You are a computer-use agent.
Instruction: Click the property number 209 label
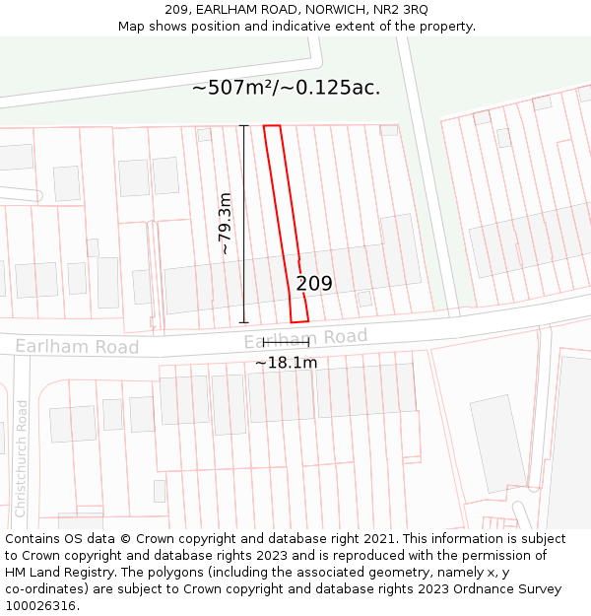pos(314,284)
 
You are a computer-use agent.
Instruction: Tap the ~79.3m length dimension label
pos(225,224)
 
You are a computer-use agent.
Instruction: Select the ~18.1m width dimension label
pos(286,363)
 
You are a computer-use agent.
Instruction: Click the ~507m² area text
pos(236,88)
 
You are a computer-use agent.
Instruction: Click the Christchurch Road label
pos(22,458)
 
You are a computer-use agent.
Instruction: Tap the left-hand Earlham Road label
pos(77,347)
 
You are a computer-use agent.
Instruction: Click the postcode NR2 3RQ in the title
pos(401,10)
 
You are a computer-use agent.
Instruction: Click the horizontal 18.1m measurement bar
pos(286,342)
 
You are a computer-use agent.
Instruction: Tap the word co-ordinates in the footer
pos(45,589)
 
